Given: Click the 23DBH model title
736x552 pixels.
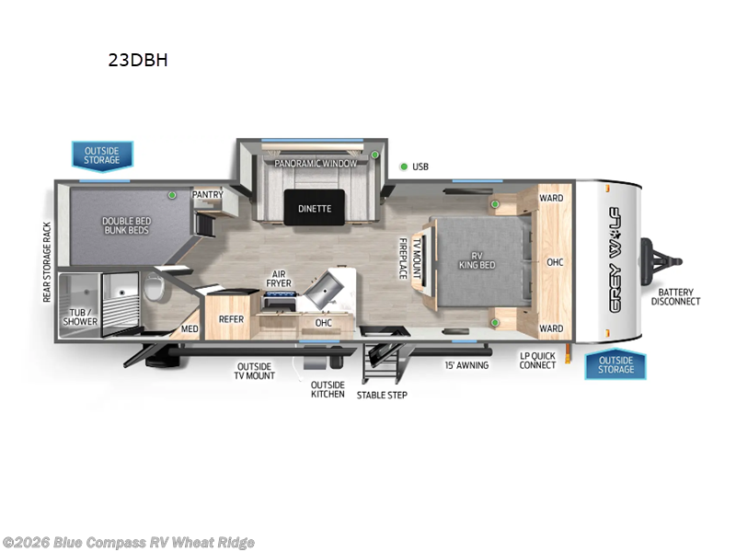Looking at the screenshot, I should click(x=138, y=62).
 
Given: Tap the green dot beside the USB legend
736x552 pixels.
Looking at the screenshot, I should click(x=403, y=167).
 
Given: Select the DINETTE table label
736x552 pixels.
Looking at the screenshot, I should click(x=314, y=208).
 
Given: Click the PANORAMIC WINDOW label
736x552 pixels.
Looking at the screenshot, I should click(x=316, y=163).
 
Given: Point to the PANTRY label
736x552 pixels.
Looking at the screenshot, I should click(x=207, y=195).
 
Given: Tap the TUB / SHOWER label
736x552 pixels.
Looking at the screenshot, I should click(x=81, y=316).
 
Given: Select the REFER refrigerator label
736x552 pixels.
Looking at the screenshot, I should click(x=231, y=319).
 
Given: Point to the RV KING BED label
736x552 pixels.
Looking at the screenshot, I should click(x=477, y=259).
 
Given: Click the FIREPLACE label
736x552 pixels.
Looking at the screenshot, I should click(x=402, y=259).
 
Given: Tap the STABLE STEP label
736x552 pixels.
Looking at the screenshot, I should click(x=382, y=395).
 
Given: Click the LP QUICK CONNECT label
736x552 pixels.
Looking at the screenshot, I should click(x=537, y=360).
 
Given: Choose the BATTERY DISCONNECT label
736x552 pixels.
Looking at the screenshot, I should click(x=676, y=296).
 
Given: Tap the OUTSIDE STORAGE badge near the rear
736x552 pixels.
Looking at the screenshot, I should click(x=102, y=155).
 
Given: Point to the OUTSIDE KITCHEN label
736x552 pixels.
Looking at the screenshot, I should click(x=328, y=389).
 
